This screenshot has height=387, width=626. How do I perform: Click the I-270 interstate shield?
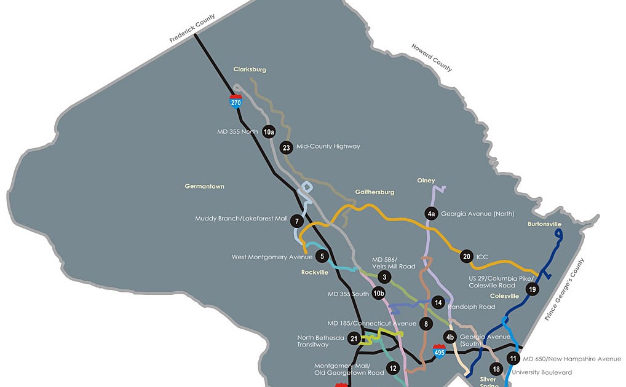(236, 101)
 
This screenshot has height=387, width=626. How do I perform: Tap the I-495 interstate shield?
(439, 351)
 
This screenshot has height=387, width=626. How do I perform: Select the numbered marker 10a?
(269, 132)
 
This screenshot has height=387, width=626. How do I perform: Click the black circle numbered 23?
(286, 147)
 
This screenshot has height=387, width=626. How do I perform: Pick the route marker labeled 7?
(297, 221)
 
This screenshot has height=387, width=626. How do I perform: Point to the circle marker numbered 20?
(467, 256)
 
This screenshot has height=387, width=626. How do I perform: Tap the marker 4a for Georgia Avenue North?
(431, 213)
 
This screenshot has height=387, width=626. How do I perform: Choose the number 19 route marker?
(532, 289)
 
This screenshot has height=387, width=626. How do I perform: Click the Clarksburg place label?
(250, 69)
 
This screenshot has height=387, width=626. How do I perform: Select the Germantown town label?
(205, 186)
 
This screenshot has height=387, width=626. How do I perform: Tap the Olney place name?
(426, 181)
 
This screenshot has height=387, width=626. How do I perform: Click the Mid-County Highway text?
(328, 146)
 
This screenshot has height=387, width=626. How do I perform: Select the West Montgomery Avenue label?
(271, 257)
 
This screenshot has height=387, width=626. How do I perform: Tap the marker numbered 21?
(354, 338)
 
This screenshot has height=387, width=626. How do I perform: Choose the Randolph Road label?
(471, 307)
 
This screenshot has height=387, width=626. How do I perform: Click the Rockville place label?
(315, 272)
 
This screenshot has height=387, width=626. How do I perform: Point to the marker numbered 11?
(513, 359)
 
